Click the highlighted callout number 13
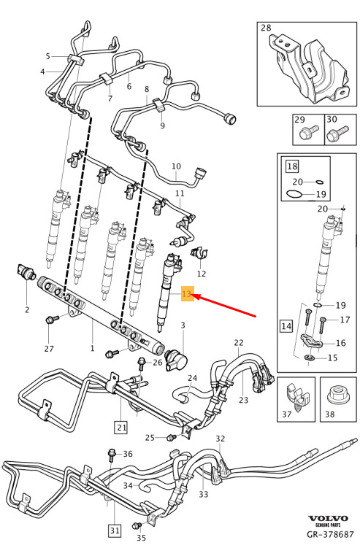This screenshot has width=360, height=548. pos(187,293)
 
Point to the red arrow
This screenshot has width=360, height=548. pos(225,306)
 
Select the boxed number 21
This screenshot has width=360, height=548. pos(121,427)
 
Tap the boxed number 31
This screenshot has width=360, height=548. pos(115,530)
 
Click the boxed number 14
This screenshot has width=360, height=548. pos(286,326)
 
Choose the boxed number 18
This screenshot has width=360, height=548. pos(292,166)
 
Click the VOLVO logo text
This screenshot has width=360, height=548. pos(328,519)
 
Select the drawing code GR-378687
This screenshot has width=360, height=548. pos(330,534)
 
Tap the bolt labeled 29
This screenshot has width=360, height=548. pos(310,132)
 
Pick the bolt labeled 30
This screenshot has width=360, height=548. pos(337,134)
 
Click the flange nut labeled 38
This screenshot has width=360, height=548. pos(337,395)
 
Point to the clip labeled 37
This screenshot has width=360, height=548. pos(297,396)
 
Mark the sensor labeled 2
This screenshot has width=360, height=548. pos(25,271)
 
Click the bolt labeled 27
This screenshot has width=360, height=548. pos(52,319)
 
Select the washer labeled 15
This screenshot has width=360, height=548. pos(310,358)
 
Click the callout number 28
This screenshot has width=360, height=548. pos(266,28)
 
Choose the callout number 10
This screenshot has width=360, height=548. pos(176,166)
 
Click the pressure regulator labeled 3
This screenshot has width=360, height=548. pos(176,358)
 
